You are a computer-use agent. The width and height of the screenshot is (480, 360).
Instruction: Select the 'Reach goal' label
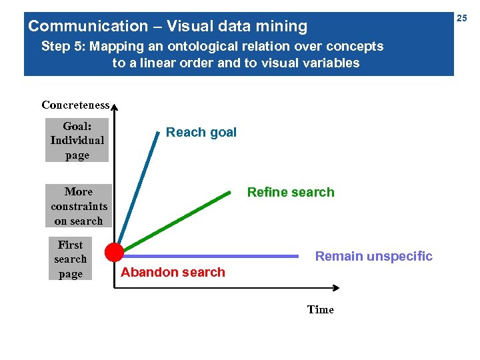[201, 132]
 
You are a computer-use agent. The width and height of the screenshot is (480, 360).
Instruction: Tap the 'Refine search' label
[291, 192]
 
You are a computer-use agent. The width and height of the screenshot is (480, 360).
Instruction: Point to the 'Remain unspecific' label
[373, 256]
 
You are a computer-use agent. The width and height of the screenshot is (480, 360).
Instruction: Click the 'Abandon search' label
[173, 272]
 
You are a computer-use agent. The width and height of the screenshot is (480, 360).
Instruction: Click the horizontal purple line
[213, 255]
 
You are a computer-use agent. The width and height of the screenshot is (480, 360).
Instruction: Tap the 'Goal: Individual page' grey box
[77, 140]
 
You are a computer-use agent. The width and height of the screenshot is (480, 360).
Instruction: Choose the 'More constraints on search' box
[78, 206]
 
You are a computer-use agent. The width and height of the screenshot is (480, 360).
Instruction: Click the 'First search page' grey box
[70, 259]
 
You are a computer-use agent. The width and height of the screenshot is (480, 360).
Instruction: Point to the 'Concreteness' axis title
[75, 105]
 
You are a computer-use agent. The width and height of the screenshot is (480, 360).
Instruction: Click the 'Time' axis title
[320, 309]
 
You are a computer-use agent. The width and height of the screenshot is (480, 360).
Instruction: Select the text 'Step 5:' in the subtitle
[63, 47]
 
